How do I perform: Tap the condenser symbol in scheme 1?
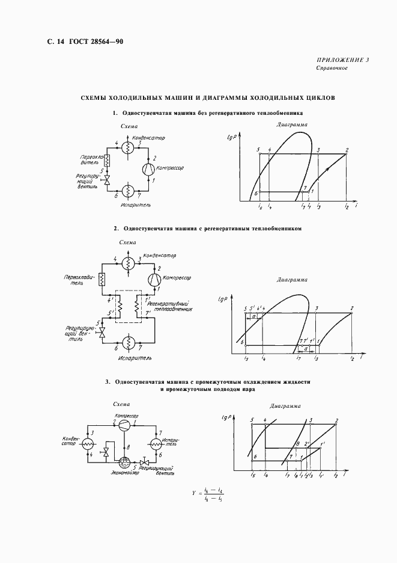[127, 147]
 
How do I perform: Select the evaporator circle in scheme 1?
[127, 191]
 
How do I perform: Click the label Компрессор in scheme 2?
[177, 278]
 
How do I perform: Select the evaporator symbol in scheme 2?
[127, 342]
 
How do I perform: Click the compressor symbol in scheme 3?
[123, 425]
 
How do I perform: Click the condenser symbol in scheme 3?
[88, 444]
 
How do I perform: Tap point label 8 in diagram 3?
[297, 445]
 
